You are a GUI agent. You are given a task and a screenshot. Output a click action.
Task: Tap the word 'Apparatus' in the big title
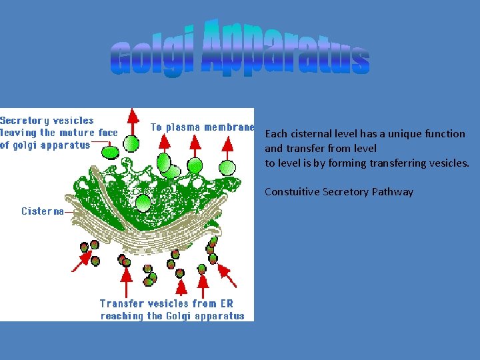285,50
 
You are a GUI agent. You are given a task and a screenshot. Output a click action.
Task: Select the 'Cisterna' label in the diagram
43,211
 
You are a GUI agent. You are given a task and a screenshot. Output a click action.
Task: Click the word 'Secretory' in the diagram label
24,121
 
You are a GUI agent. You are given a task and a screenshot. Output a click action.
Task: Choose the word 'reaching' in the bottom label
122,315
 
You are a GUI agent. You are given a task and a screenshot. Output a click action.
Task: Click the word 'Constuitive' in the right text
292,192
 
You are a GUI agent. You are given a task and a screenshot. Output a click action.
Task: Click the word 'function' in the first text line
445,134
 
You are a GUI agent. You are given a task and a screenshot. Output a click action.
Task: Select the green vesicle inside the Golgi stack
143,202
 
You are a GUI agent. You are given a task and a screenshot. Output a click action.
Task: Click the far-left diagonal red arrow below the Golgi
81,261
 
